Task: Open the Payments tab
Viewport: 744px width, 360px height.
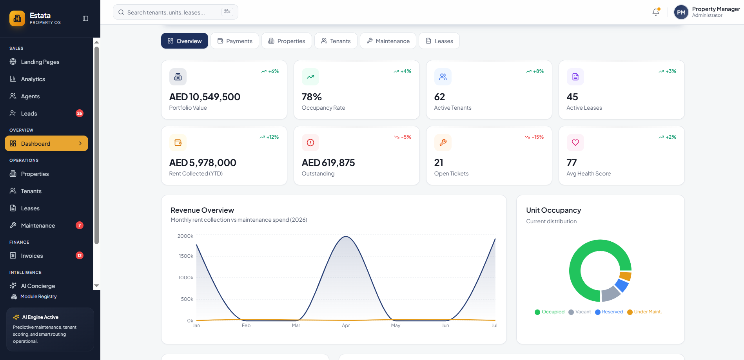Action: (x=235, y=41)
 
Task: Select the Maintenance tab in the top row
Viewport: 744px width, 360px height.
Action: (x=388, y=41)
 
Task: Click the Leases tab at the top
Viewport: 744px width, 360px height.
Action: (x=439, y=41)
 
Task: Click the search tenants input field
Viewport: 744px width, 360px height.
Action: (x=176, y=12)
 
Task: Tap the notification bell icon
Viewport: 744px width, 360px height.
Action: (x=656, y=12)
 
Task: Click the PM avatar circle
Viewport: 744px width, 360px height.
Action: (x=681, y=12)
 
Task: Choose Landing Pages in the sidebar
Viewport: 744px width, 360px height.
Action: (x=40, y=62)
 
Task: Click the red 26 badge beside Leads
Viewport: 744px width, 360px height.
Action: (x=80, y=113)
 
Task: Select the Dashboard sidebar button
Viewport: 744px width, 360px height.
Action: (x=46, y=143)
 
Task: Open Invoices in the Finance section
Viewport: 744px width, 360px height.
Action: (x=32, y=256)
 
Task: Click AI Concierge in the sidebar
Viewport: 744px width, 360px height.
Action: (x=38, y=286)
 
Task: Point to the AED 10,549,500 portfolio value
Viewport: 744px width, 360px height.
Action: (x=205, y=97)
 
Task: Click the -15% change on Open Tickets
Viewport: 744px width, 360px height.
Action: (x=534, y=137)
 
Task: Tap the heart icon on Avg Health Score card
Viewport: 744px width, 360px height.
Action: (x=575, y=143)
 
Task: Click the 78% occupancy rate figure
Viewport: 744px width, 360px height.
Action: (x=312, y=97)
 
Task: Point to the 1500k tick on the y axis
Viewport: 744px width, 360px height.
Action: (x=186, y=256)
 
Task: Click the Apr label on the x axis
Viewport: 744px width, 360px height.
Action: (x=346, y=326)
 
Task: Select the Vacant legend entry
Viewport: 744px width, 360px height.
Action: (x=580, y=312)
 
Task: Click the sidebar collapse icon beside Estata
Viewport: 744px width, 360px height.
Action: (x=85, y=18)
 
